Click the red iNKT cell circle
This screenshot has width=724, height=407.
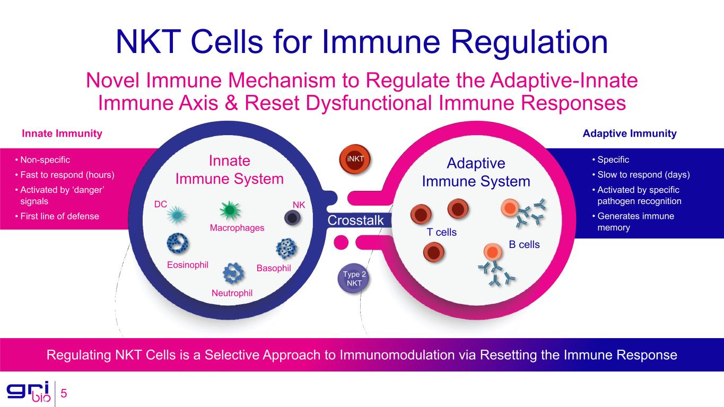tap(355, 159)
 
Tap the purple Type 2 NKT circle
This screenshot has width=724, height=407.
tap(354, 278)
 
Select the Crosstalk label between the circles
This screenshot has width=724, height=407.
tap(355, 220)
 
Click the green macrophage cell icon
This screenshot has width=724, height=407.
tap(230, 210)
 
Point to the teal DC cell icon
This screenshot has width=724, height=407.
tap(177, 215)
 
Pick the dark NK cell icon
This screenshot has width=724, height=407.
tap(292, 218)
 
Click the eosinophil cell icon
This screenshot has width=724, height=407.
tap(178, 243)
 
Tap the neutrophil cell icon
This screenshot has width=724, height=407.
tap(233, 273)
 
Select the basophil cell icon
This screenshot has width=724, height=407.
tap(286, 249)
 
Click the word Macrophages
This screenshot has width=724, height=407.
tap(237, 228)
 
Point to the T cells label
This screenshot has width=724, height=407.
tap(441, 232)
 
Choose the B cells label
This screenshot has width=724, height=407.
tap(524, 244)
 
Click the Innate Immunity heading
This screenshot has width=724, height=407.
tap(62, 134)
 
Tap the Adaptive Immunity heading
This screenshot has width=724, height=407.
tap(630, 134)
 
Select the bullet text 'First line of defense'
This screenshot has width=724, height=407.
tap(59, 216)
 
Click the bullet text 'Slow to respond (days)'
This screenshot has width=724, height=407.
tap(643, 175)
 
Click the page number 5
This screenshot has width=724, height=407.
tap(64, 393)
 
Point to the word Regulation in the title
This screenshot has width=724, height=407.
tap(529, 42)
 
